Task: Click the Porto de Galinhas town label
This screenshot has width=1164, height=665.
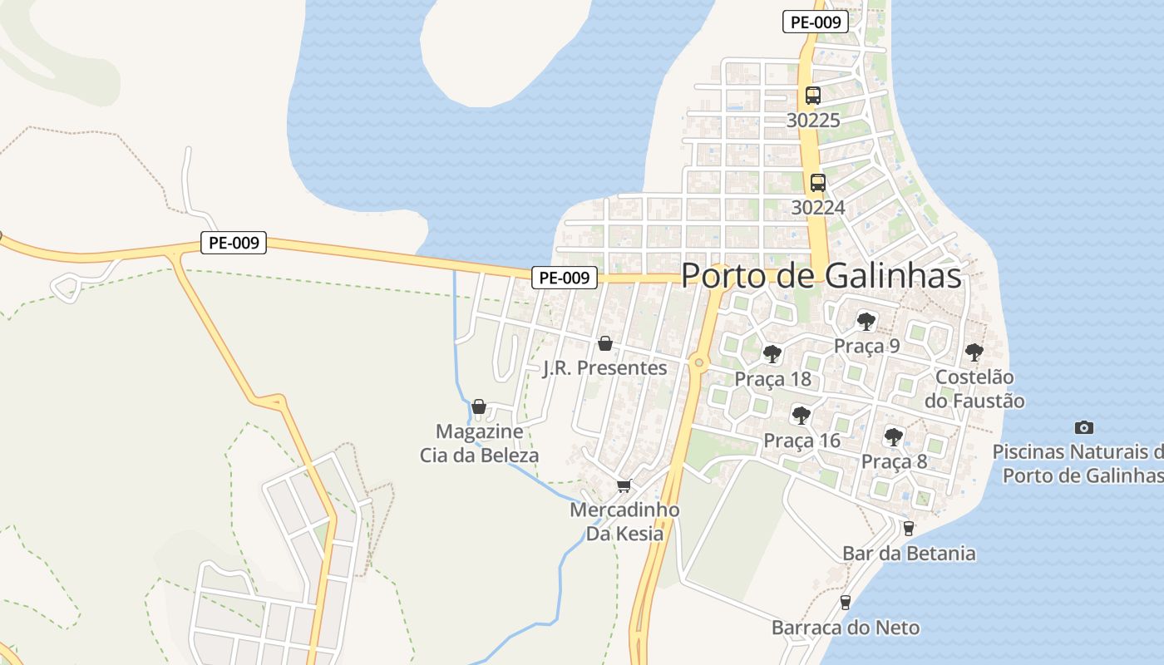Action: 821,276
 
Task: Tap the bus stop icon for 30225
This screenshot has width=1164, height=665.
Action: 813,96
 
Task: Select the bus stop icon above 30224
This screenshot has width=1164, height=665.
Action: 818,183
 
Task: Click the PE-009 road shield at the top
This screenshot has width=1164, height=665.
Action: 816,22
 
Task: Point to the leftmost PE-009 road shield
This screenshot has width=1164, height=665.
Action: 234,244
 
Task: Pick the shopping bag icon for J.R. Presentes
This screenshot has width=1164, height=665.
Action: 605,343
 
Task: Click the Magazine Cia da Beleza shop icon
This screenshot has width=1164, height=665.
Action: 479,406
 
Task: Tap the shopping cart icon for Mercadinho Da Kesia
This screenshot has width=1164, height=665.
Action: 624,485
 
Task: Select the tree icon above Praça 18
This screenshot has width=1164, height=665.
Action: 772,354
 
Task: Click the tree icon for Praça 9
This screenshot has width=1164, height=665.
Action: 866,321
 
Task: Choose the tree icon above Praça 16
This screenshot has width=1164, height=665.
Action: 801,415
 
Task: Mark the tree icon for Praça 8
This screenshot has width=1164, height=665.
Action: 894,436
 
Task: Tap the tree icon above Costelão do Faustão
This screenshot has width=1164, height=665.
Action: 974,352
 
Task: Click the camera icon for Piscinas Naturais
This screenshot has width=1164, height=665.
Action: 1084,427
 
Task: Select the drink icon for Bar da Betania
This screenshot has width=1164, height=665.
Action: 909,528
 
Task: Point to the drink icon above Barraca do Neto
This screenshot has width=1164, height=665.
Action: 846,602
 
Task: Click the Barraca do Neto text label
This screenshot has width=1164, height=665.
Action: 846,628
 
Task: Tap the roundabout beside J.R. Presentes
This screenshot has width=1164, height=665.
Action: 699,362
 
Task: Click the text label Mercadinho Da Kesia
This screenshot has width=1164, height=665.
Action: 624,521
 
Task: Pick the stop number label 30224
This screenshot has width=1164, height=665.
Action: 818,207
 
